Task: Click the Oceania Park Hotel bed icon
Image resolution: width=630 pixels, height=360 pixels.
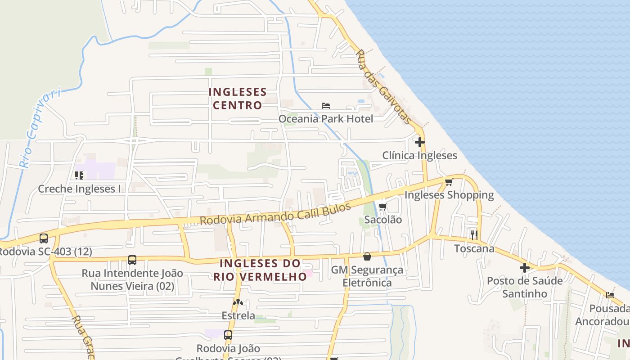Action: [326, 106]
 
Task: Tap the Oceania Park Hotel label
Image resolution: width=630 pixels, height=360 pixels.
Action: [326, 119]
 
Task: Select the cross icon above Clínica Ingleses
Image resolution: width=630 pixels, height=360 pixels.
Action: [420, 142]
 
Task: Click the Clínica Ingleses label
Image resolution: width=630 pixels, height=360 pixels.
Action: [419, 156]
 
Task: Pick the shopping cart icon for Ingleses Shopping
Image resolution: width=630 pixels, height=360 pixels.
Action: [449, 182]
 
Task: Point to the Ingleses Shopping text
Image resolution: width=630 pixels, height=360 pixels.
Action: [449, 195]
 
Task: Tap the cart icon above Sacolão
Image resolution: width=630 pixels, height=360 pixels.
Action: [382, 207]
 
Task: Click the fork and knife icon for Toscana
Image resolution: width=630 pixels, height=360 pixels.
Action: [474, 235]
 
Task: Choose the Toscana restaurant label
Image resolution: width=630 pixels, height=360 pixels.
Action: [474, 248]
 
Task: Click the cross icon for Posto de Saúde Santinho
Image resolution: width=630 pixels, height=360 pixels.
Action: [525, 268]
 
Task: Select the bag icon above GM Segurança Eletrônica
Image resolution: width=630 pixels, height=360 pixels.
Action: [367, 256]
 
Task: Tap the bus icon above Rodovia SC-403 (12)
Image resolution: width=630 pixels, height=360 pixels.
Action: [44, 238]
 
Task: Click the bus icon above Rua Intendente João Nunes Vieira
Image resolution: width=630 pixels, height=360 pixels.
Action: [132, 260]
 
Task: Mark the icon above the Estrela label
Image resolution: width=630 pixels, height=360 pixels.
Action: [238, 302]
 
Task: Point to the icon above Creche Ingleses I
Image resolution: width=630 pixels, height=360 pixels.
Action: [79, 175]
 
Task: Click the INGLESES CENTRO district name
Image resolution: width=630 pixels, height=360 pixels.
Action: [238, 99]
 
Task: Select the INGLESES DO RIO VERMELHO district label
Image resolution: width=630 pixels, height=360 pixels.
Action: [260, 270]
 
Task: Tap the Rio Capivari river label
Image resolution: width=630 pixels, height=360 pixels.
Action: [40, 129]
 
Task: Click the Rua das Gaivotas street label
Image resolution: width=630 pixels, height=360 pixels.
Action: [384, 87]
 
